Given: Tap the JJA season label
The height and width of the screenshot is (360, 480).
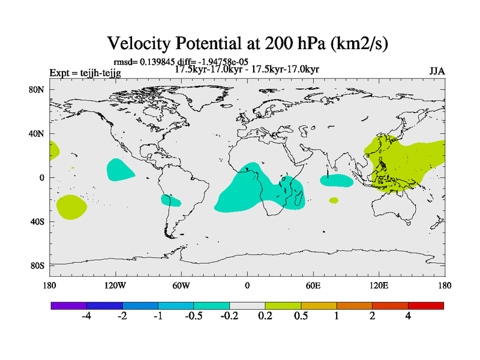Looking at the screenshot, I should coord(437,71).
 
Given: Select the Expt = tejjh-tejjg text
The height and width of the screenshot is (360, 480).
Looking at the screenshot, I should coord(85,73).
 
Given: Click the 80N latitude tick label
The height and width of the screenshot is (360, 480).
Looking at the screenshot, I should coord(37,89).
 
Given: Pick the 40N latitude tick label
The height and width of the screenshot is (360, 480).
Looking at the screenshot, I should coord(37,133).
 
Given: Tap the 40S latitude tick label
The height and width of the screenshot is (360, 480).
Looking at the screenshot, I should coord(37,221).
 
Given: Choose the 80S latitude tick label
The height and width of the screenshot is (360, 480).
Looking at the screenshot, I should coord(37,265).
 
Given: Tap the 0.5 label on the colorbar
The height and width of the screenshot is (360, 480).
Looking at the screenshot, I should coord(301,316).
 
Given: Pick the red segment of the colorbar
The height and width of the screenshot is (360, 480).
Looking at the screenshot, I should coord(425,305).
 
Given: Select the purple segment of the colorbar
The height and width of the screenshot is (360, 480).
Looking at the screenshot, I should coord(68,305).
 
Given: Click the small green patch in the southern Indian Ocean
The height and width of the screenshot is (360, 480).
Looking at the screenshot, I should coord(334,200).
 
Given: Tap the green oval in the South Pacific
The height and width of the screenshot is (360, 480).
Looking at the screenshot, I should coord(71,207).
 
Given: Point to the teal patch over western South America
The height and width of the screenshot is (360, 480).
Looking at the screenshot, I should coord(170,200).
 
